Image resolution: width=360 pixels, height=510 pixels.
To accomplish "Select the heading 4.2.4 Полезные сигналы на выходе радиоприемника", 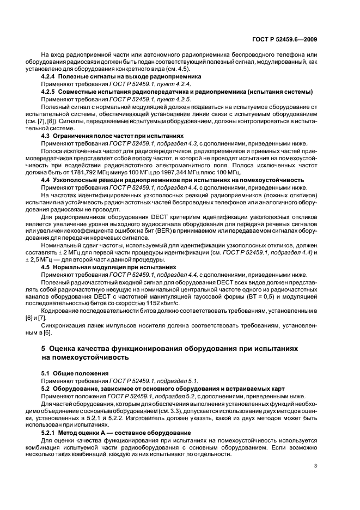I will click(x=114, y=78).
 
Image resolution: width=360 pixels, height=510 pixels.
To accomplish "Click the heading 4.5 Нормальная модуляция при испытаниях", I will click(x=109, y=268).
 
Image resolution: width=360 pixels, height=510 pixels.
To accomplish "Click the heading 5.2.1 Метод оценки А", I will click(x=116, y=432).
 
